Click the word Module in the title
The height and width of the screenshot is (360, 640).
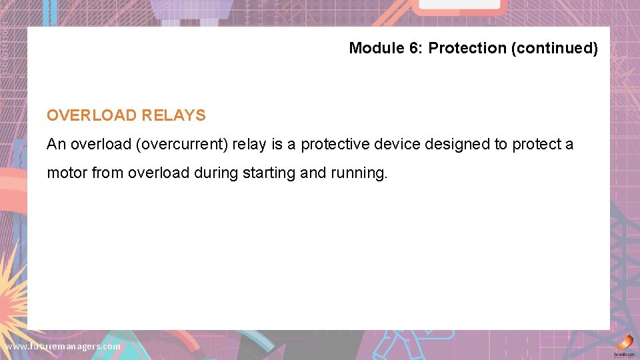point(373,48)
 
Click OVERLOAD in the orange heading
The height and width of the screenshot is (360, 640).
point(91,115)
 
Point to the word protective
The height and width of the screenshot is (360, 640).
point(335,144)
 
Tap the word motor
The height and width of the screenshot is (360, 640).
point(67,173)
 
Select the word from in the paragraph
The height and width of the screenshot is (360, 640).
point(107,173)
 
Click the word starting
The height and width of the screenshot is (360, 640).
point(269,173)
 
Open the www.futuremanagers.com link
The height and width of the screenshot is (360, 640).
point(63,346)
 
